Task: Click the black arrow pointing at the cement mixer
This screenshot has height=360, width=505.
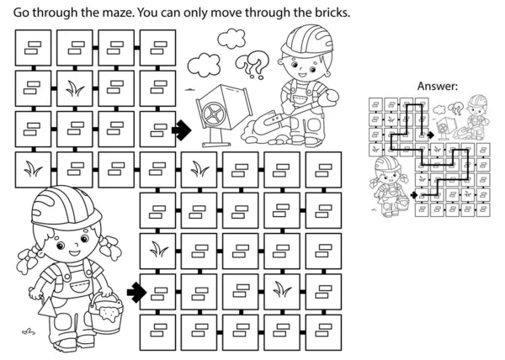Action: [180, 129]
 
